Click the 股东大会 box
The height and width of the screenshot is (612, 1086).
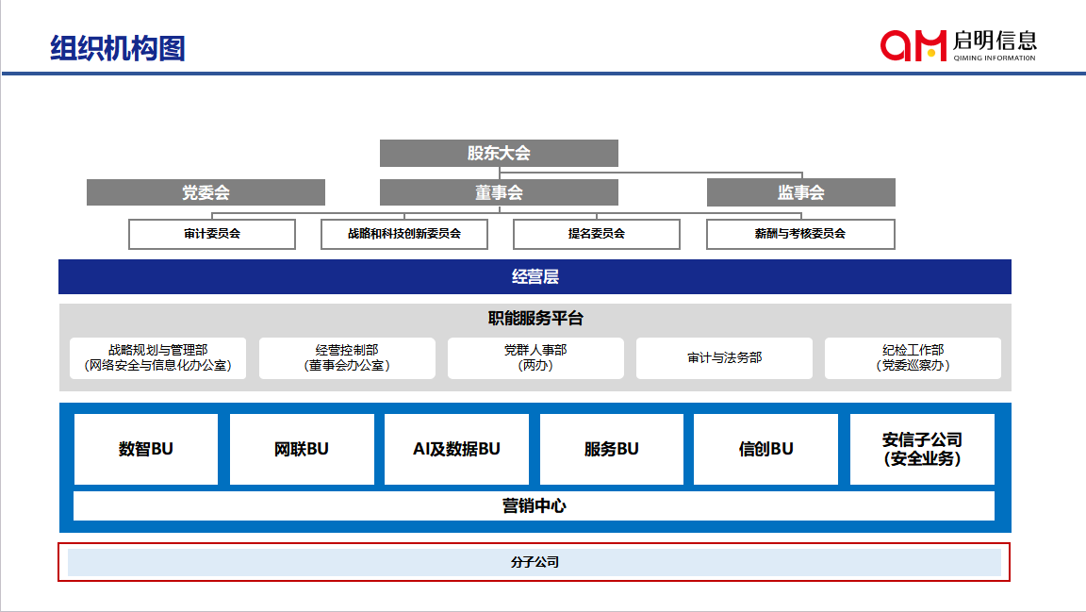(x=499, y=153)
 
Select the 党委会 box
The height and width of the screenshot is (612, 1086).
(x=206, y=192)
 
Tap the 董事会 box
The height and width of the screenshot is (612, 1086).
(x=499, y=192)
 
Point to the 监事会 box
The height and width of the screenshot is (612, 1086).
(x=800, y=192)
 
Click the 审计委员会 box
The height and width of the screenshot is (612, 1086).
(x=212, y=234)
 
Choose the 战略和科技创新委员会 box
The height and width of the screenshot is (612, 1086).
(x=404, y=234)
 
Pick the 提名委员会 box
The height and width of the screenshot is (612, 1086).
(x=596, y=234)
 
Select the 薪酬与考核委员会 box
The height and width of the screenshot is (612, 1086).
(x=800, y=234)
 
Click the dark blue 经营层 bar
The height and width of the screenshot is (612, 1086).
(x=535, y=276)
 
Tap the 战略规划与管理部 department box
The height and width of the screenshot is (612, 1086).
(x=158, y=358)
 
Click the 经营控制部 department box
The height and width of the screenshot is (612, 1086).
(x=347, y=358)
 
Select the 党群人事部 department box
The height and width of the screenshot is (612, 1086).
(x=535, y=358)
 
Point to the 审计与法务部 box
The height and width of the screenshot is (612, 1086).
(x=724, y=358)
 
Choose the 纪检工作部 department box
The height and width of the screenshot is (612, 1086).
(x=913, y=358)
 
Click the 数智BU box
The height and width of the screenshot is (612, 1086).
(x=146, y=449)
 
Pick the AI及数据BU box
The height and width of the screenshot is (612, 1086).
(x=456, y=449)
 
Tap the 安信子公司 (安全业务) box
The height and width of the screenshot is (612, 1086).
(x=922, y=449)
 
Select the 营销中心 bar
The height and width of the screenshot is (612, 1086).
(x=534, y=505)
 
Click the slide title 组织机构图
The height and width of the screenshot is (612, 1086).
(x=118, y=47)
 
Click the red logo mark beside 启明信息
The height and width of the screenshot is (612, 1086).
(x=913, y=44)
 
